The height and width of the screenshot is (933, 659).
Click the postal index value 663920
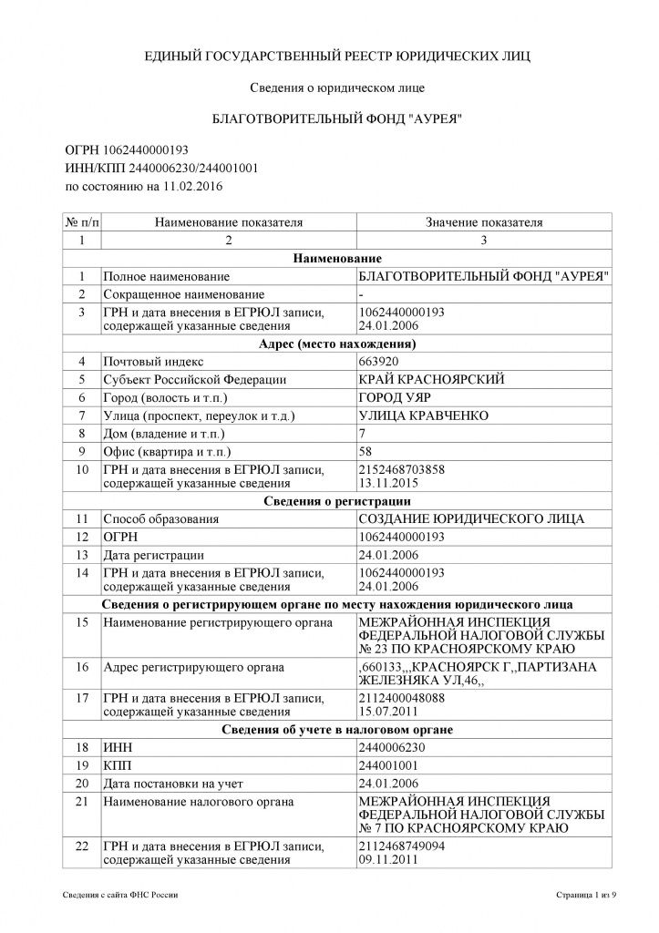pos(378,362)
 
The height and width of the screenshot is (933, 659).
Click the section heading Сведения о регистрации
pos(336,501)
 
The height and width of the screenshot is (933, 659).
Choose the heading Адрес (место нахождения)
pos(337,344)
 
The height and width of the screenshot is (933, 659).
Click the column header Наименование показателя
pos(228,221)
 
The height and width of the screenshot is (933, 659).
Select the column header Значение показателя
pos(484,221)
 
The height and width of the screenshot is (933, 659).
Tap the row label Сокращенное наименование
pos(183,294)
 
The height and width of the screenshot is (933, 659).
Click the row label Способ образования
pos(160,519)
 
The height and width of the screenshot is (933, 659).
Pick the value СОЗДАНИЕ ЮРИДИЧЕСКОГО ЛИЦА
pos(469,519)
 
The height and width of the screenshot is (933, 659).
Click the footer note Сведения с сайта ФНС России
pos(121,897)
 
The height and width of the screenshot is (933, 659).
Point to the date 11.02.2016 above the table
pos(192,187)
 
